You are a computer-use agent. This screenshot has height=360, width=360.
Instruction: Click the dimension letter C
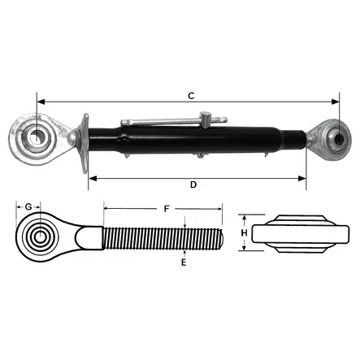tap(190, 96)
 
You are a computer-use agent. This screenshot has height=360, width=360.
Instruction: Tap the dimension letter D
tap(193, 185)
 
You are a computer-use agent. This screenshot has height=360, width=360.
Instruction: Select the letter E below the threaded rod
tap(184, 262)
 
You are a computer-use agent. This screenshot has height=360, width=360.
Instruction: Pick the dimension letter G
tap(28, 207)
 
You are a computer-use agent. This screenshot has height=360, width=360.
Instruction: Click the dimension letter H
tap(244, 234)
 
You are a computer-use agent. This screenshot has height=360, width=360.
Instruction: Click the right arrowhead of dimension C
tap(336, 102)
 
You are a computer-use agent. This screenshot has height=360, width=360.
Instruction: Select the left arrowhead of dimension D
tap(91, 176)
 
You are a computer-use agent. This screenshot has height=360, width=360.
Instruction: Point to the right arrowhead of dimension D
tap(305, 176)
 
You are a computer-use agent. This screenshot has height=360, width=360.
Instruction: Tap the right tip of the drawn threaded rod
tap(224, 236)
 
